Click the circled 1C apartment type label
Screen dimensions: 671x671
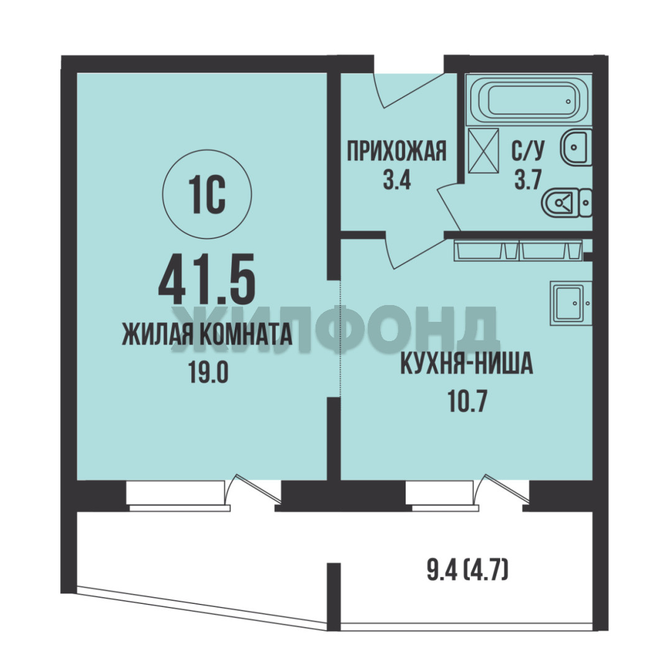207,194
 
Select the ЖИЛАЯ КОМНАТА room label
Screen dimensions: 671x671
207,334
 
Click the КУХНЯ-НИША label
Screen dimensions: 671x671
467,363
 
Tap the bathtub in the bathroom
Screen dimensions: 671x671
529,101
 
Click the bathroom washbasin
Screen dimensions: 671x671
576,148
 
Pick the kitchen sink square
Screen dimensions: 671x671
571,303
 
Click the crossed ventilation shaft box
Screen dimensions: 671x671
483,150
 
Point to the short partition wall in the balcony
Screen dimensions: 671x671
334,596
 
